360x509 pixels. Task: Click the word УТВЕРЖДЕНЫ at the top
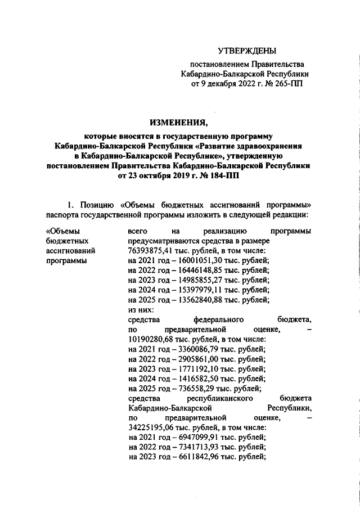point(247,51)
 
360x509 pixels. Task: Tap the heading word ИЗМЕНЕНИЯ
point(179,123)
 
